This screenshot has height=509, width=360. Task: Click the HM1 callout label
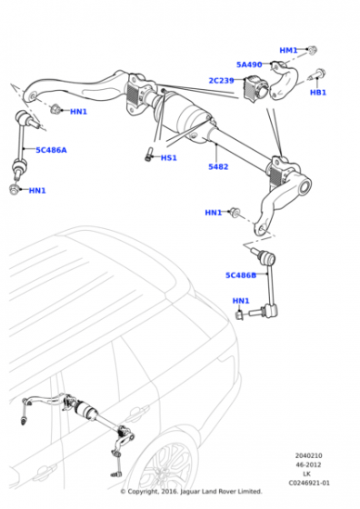pyautogui.click(x=288, y=51)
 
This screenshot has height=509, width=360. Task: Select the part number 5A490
pyautogui.click(x=249, y=65)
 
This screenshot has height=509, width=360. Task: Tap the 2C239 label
pyautogui.click(x=221, y=81)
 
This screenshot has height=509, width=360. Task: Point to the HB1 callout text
pyautogui.click(x=317, y=93)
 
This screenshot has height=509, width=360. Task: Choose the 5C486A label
pyautogui.click(x=51, y=150)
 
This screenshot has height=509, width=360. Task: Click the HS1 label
pyautogui.click(x=168, y=158)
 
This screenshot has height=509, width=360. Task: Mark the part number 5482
pyautogui.click(x=218, y=167)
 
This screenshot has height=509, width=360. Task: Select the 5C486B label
pyautogui.click(x=241, y=275)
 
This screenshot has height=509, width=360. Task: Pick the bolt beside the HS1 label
pyautogui.click(x=147, y=155)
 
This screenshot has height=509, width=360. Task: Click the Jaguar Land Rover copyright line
pyautogui.click(x=191, y=492)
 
